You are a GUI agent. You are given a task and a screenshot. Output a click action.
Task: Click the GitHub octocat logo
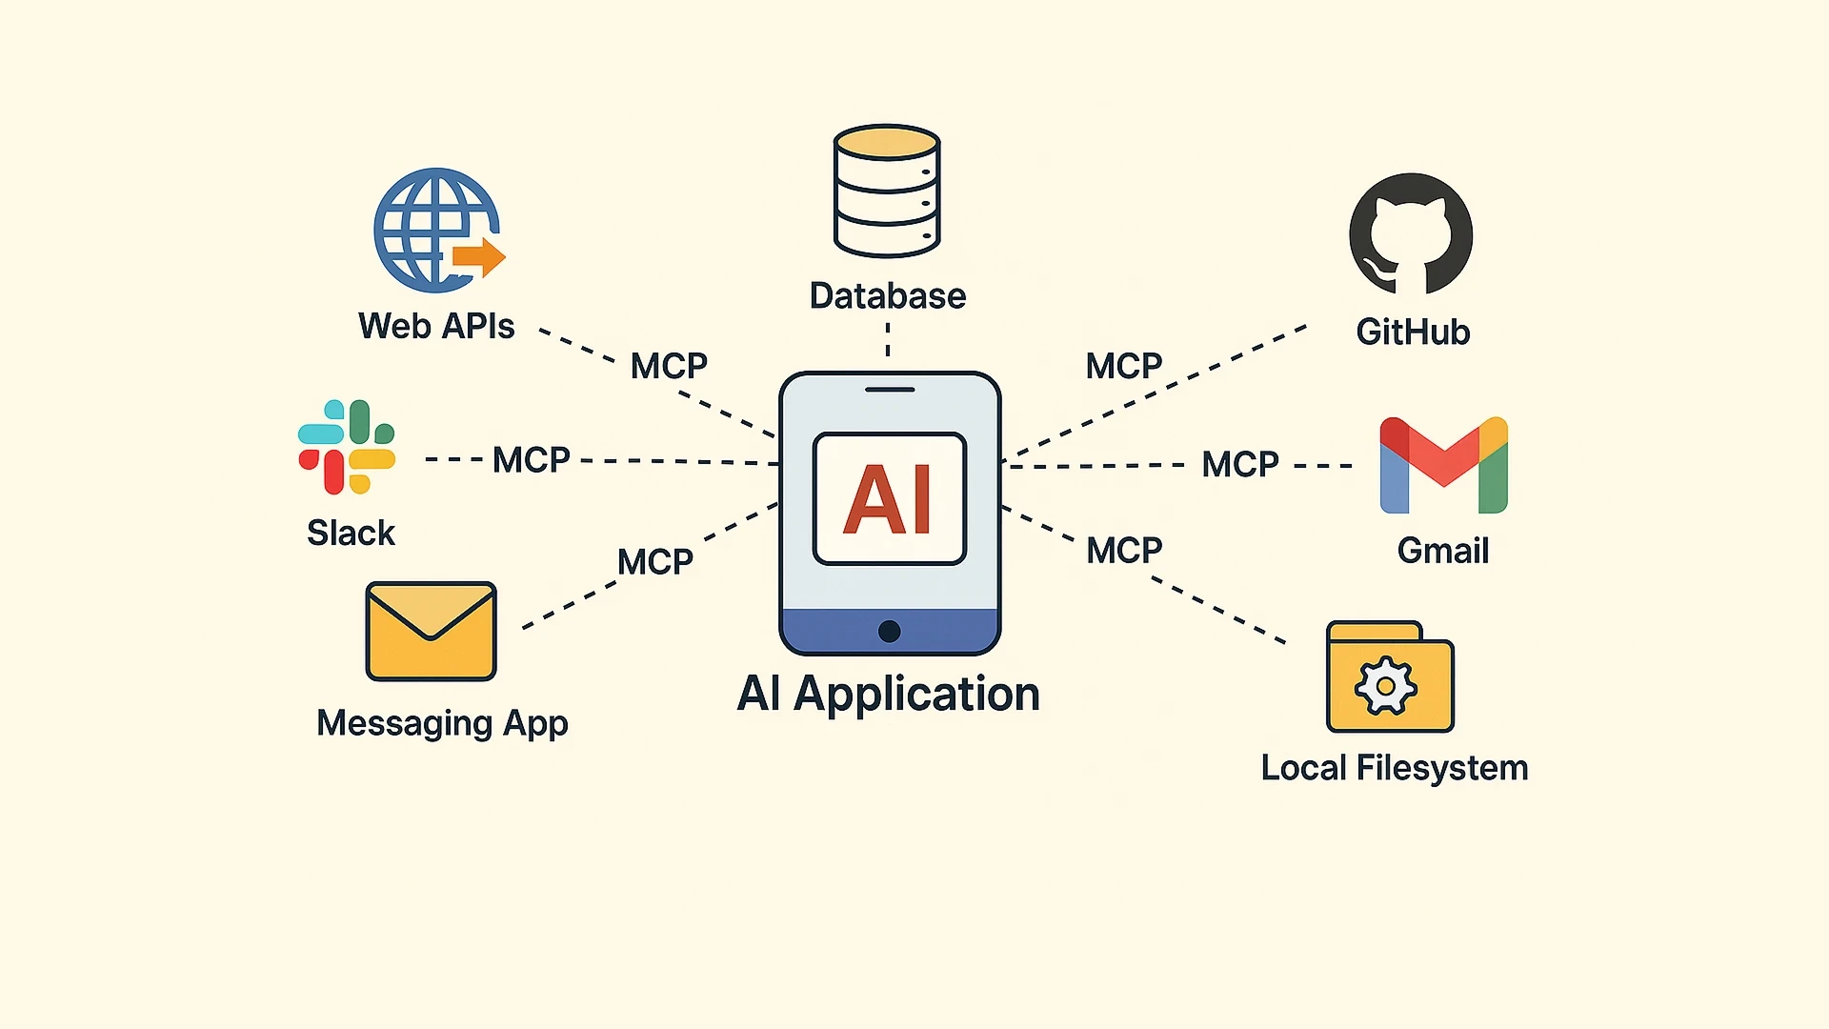click(x=1411, y=234)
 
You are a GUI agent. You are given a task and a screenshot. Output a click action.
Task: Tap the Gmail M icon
click(x=1443, y=465)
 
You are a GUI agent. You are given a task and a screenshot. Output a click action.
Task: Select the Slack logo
click(x=347, y=447)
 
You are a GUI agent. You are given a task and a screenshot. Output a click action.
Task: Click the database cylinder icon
click(x=887, y=192)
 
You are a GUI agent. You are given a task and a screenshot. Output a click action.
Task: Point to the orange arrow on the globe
click(x=479, y=256)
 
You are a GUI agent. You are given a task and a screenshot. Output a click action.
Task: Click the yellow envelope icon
click(x=431, y=631)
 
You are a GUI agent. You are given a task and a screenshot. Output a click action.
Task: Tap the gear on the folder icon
click(x=1386, y=686)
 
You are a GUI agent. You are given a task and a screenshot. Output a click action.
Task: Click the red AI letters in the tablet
click(x=888, y=499)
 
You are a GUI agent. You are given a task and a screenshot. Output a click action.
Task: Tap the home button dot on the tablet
click(x=890, y=631)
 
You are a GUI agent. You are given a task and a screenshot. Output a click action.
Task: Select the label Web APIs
click(x=436, y=326)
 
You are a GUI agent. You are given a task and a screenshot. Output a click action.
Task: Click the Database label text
click(x=887, y=296)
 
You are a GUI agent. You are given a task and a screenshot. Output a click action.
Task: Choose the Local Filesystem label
click(x=1394, y=768)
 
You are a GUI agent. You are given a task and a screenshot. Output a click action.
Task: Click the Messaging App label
click(x=442, y=723)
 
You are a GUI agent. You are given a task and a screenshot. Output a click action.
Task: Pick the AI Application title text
click(x=888, y=694)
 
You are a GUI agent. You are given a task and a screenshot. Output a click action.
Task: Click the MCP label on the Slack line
click(x=532, y=460)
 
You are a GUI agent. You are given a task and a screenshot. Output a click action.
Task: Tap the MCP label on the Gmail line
click(x=1239, y=465)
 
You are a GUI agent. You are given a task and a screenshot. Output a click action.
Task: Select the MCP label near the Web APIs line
click(x=669, y=366)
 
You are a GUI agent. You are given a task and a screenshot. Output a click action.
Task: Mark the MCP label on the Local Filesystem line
click(x=1124, y=551)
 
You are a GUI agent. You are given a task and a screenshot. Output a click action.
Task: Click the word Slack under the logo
click(x=351, y=533)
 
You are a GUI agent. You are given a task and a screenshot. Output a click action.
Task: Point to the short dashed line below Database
click(x=888, y=339)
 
